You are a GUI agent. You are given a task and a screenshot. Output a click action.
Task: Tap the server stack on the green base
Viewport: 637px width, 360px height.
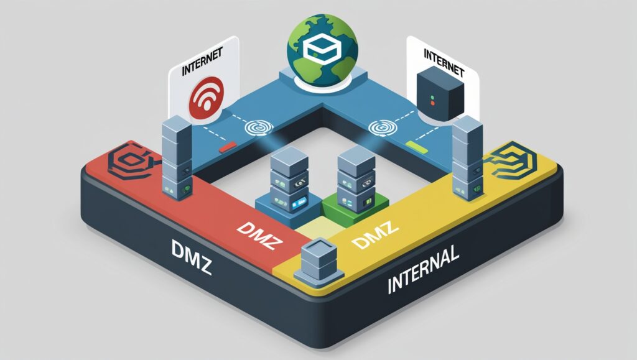coord(355,177)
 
